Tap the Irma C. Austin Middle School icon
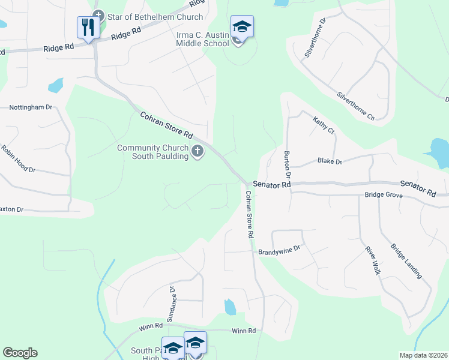[x=241, y=28]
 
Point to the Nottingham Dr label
[x=31, y=107]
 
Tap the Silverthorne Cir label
[x=356, y=107]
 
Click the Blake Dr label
[x=330, y=161]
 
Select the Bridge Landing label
[x=406, y=260]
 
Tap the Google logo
[x=20, y=353]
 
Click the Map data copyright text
[x=423, y=355]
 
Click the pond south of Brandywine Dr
[x=230, y=307]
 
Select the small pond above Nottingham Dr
[x=56, y=86]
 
